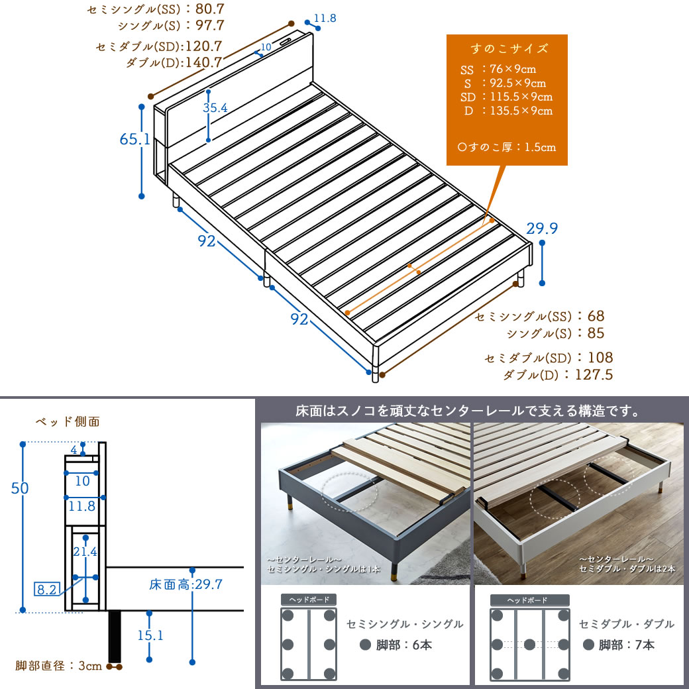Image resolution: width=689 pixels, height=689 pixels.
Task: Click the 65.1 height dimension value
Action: click(131, 140)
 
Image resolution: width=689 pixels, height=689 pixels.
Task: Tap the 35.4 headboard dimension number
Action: click(215, 108)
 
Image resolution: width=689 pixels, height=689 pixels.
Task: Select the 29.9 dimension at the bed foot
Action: click(542, 229)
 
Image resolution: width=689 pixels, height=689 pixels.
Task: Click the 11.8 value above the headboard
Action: click(325, 19)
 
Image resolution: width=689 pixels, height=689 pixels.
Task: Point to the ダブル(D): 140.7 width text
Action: click(174, 63)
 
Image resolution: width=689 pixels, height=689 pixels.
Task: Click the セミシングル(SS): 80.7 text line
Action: click(155, 10)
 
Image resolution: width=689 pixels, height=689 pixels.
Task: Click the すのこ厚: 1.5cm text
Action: click(507, 147)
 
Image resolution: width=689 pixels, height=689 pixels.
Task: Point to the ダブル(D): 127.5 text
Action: click(557, 375)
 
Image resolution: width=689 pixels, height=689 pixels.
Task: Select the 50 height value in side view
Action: click(20, 488)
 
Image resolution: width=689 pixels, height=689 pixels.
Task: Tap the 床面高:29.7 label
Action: click(185, 584)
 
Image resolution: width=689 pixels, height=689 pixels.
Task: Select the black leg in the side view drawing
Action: click(115, 636)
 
